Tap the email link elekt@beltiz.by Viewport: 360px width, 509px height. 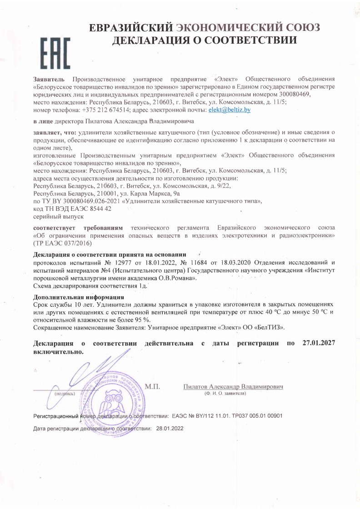pos(229,110)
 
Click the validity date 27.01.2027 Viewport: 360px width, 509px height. pos(318,343)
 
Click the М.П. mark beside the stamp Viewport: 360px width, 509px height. pos(153,387)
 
